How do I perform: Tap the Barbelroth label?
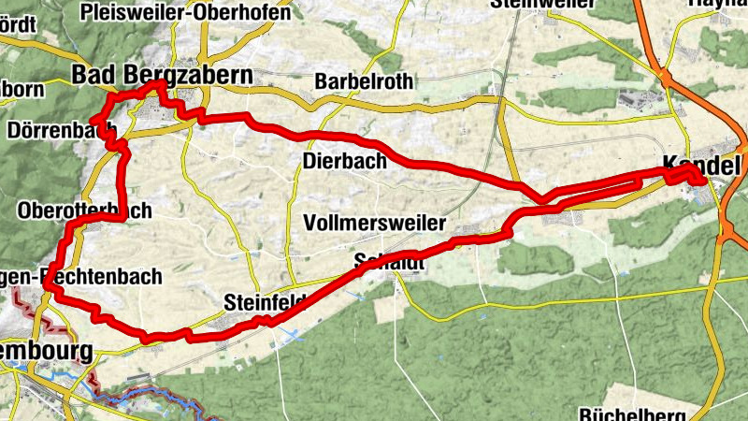[x=364, y=81]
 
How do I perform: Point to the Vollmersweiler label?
[x=375, y=224]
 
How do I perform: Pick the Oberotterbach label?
[x=84, y=210]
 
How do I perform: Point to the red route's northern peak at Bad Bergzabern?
[x=161, y=83]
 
